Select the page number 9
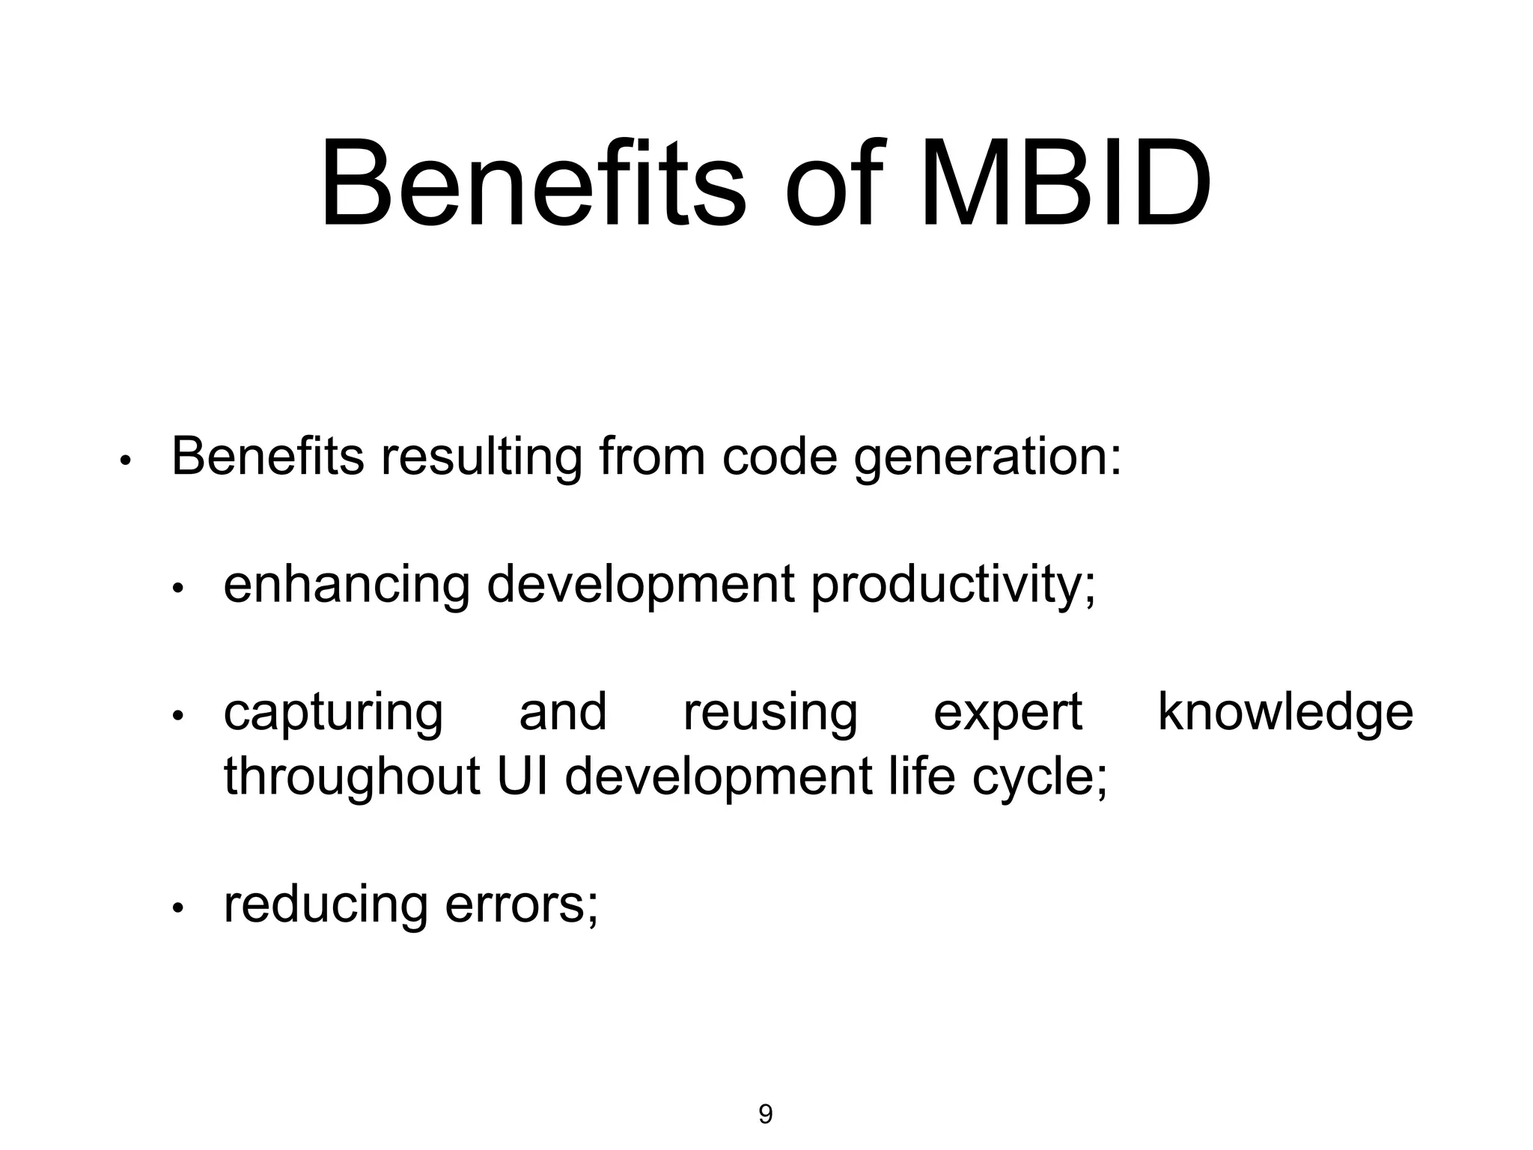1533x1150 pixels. tap(766, 1114)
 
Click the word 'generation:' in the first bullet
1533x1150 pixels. tap(987, 457)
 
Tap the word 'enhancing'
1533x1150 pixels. tap(347, 585)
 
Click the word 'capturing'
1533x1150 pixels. tap(333, 714)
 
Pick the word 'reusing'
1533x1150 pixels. tap(770, 714)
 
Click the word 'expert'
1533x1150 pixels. tap(1008, 714)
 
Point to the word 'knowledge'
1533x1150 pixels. tap(1285, 712)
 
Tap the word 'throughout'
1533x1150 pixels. tap(352, 777)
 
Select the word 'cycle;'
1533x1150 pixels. tap(1040, 777)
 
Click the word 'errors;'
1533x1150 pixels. tap(522, 905)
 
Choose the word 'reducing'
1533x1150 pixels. tap(326, 905)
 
